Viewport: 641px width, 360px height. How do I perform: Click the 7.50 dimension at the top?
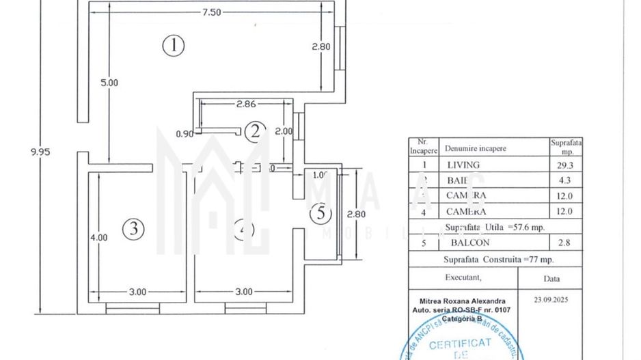(x=210, y=13)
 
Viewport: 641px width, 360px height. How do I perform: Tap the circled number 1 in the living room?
(x=174, y=46)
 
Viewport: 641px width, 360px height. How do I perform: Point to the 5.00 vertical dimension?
(x=109, y=82)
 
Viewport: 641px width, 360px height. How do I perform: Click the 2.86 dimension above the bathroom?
(x=245, y=105)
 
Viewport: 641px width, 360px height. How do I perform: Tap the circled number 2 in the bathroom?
(x=256, y=131)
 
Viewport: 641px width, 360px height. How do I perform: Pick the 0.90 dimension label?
(x=185, y=134)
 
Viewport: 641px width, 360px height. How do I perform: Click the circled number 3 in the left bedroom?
(x=134, y=230)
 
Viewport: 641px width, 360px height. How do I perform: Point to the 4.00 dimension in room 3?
(x=98, y=238)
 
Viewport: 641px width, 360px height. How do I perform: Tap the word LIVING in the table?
(x=463, y=165)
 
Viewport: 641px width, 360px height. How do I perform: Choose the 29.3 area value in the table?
(x=565, y=165)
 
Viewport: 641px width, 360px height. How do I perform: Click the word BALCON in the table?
(x=469, y=243)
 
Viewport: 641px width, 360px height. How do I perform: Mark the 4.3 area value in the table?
(x=565, y=180)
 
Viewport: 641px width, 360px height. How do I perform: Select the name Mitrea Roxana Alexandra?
(x=462, y=300)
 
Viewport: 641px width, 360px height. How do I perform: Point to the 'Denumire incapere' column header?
(x=476, y=148)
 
